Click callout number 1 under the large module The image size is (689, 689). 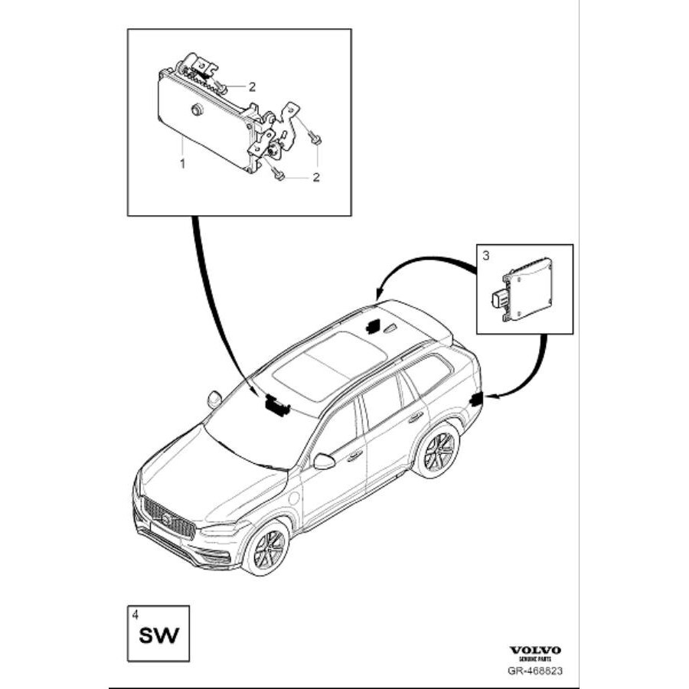(x=182, y=163)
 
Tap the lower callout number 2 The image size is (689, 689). (x=315, y=178)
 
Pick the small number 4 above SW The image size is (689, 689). (x=136, y=614)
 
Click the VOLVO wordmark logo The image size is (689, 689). (x=535, y=650)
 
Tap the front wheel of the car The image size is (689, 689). (x=266, y=547)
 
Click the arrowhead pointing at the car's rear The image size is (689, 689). (x=489, y=396)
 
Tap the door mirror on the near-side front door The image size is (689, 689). (x=324, y=461)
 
